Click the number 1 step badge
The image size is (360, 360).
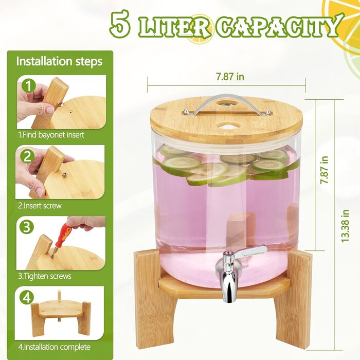[x=28, y=86]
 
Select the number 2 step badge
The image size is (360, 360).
[x=27, y=157]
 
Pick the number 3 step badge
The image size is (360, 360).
[x=27, y=227]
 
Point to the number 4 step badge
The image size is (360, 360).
[x=27, y=298]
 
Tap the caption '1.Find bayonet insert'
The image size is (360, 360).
[x=51, y=135]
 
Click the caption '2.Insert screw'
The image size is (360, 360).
[x=40, y=206]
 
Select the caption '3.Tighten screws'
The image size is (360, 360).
[x=45, y=276]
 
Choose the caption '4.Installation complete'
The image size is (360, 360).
[x=54, y=347]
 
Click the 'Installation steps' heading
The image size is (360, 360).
[x=59, y=61]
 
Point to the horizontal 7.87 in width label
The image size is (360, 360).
[x=230, y=77]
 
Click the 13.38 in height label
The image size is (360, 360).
[x=345, y=226]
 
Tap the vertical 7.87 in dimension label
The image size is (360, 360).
[x=325, y=170]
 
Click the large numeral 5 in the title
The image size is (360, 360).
[x=120, y=24]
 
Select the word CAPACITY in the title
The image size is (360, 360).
[x=278, y=26]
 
